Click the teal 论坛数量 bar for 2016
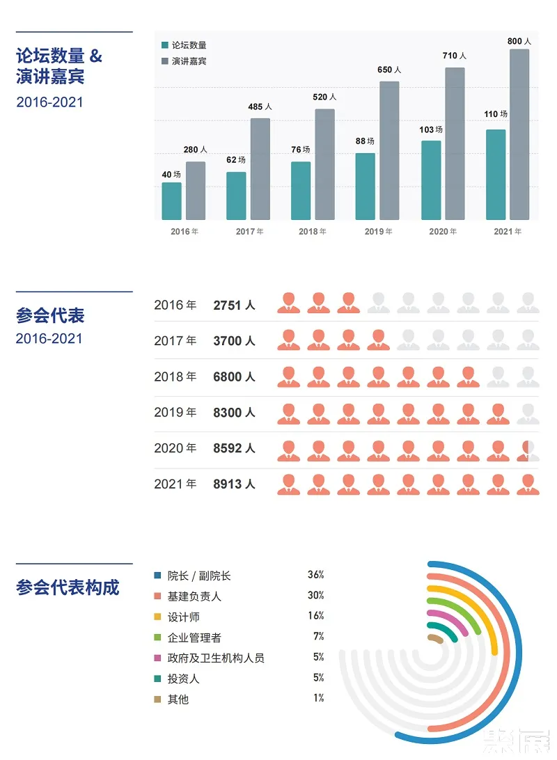click(171, 201)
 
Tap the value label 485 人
click(260, 107)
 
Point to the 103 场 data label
click(431, 129)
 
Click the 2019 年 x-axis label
click(378, 232)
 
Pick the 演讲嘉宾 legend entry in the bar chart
click(189, 61)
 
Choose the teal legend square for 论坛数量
click(165, 45)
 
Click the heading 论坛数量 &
click(59, 56)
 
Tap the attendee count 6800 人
click(234, 377)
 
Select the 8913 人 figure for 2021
click(234, 484)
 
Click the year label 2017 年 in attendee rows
click(175, 341)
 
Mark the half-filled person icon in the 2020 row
click(528, 450)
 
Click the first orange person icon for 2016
click(288, 303)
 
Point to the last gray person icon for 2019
click(528, 413)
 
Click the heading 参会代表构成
click(68, 587)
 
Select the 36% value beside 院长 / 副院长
click(315, 575)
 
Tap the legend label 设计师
click(184, 617)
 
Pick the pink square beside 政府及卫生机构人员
click(158, 658)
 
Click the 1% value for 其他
click(318, 698)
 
